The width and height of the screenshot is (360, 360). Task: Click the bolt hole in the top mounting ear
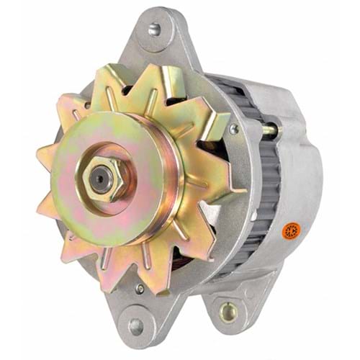tap(155, 30)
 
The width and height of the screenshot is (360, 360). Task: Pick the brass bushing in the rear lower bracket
tap(229, 312)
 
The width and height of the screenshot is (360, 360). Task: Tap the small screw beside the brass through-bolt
tap(233, 130)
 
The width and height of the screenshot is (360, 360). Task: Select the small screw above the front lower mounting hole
tap(140, 289)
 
